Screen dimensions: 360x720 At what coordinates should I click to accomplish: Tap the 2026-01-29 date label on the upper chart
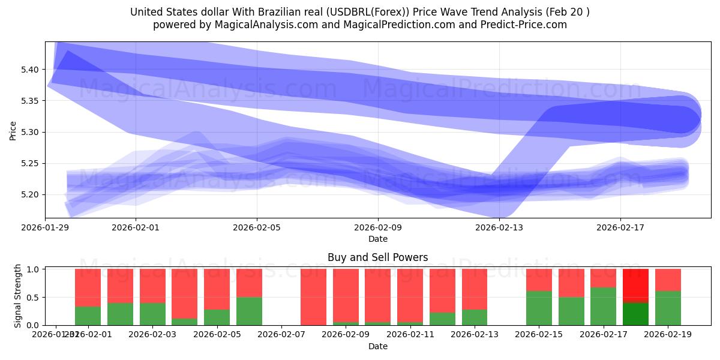(45, 228)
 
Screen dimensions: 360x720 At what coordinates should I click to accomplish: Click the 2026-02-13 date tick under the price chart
(499, 228)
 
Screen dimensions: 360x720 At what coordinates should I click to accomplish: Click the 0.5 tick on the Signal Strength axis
(34, 297)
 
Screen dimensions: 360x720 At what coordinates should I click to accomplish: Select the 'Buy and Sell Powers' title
(377, 257)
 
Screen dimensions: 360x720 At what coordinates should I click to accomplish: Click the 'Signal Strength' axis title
(18, 295)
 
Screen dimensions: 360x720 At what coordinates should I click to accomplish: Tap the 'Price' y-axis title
(13, 130)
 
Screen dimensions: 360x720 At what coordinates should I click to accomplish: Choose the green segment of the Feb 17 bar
(603, 306)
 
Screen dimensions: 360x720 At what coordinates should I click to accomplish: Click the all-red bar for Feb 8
(313, 297)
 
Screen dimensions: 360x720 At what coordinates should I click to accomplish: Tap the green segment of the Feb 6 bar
(249, 311)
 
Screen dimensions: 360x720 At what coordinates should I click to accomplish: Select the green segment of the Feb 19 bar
(668, 308)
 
